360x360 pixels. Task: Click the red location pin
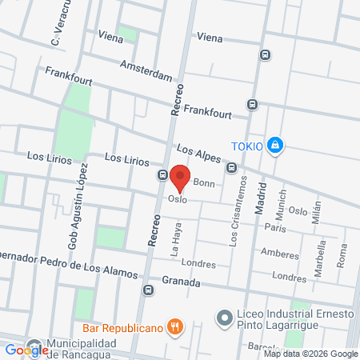point(181,178)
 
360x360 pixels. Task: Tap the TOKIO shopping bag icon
point(275,145)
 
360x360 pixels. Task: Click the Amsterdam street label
point(146,70)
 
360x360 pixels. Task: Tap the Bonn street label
point(204,183)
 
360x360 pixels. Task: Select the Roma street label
point(342,255)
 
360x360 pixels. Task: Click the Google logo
point(26,350)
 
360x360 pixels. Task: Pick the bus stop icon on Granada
point(147,290)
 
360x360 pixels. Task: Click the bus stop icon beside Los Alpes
point(231,168)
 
